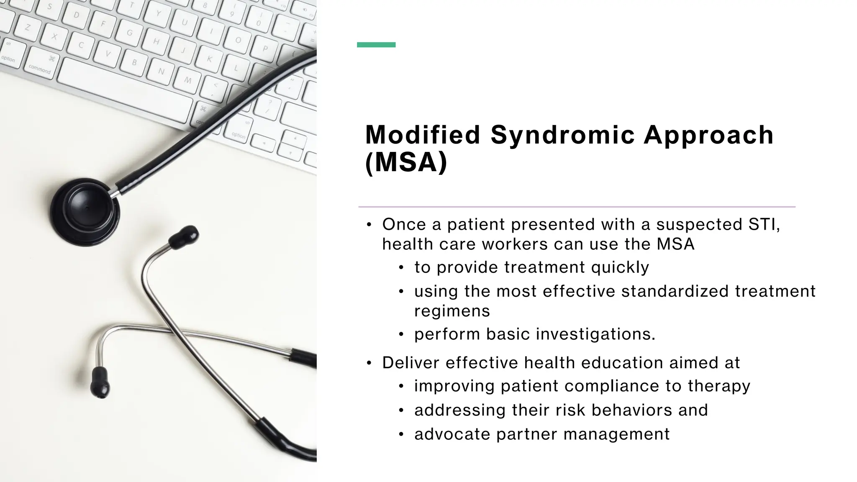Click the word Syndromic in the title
[562, 135]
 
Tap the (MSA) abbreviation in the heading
[406, 162]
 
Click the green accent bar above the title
[376, 45]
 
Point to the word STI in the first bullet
[764, 225]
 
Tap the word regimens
[452, 311]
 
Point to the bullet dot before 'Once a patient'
[369, 225]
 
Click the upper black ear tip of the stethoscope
[184, 237]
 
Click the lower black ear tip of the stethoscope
[100, 382]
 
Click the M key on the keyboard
[188, 80]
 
